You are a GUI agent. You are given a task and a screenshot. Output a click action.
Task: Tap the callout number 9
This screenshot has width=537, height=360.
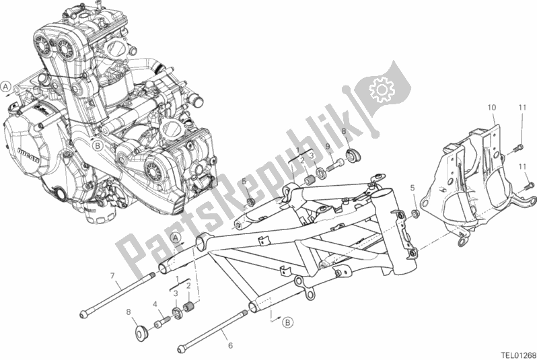coord(328,148)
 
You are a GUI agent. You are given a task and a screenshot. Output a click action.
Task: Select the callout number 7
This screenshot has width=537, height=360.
coord(112,275)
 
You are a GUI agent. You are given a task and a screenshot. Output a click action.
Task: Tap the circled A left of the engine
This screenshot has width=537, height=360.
coord(6,86)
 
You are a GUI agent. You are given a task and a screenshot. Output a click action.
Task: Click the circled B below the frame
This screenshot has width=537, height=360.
coord(287,322)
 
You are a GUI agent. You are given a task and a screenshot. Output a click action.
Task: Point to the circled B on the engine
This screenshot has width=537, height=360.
coord(98,145)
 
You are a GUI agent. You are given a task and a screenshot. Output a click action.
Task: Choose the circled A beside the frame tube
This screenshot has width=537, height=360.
coord(174,238)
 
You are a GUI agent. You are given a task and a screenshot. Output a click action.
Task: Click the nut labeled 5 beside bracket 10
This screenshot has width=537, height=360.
coord(415,213)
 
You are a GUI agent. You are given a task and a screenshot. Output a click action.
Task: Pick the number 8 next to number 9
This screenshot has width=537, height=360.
coord(343,132)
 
